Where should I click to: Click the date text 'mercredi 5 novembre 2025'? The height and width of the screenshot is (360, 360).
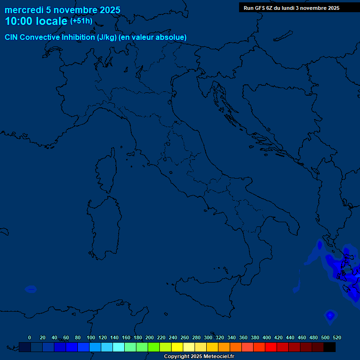pos(62,10)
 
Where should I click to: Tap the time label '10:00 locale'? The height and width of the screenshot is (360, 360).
pos(36,21)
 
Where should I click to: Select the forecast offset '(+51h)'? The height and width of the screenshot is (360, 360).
pos(81,21)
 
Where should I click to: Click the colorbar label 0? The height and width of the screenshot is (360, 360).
pos(30,337)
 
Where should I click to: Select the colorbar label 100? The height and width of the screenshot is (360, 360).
pos(91,337)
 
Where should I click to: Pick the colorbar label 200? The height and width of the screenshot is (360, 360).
pos(150,337)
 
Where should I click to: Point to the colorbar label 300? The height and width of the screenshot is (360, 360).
pos(208,337)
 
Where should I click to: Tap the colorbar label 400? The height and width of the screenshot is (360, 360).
pos(267,337)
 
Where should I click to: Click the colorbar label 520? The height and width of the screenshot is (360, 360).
pos(337,337)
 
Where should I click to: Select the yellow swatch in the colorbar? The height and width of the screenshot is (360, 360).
pos(177,347)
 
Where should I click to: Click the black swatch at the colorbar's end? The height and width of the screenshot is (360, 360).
pos(330,347)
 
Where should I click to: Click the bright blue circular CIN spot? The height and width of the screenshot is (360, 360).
pos(330,316)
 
